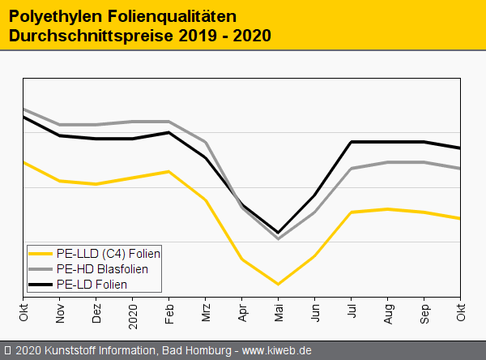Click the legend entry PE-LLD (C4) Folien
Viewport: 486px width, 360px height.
(109, 253)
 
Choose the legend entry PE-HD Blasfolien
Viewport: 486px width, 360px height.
(102, 268)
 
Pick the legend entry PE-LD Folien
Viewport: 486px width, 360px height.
(92, 285)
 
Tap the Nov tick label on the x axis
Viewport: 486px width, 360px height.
(60, 311)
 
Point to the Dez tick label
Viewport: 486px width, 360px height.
(96, 311)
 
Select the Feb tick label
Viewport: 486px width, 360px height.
(169, 311)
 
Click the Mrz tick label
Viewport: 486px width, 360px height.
(206, 311)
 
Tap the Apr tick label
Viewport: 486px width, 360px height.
(242, 311)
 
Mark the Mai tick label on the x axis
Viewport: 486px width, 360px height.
(279, 311)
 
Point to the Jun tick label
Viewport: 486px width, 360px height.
(315, 311)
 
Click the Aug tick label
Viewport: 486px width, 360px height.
(388, 311)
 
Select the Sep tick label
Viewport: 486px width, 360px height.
(424, 311)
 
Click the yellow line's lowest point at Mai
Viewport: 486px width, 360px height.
(279, 284)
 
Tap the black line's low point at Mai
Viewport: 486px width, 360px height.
(279, 233)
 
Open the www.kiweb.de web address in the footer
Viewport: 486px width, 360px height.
(277, 350)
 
